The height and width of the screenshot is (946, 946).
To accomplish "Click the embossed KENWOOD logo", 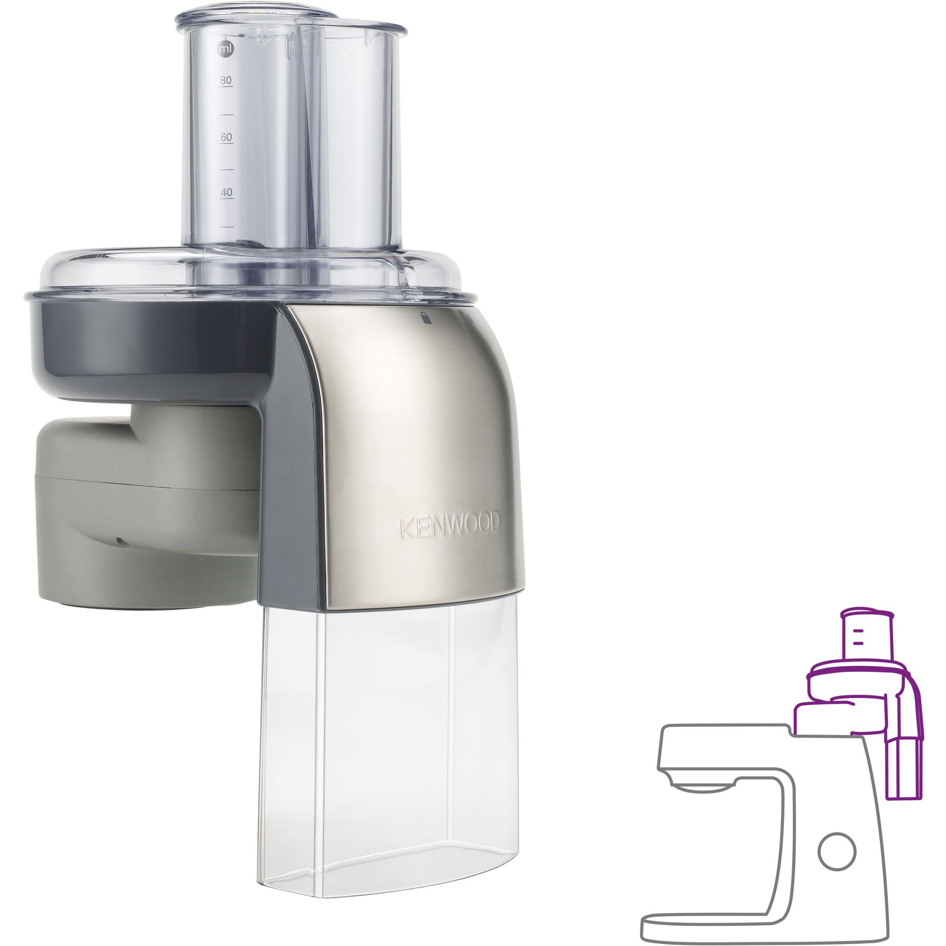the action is tap(450, 525).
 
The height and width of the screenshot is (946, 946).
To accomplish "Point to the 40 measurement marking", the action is tap(226, 193).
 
